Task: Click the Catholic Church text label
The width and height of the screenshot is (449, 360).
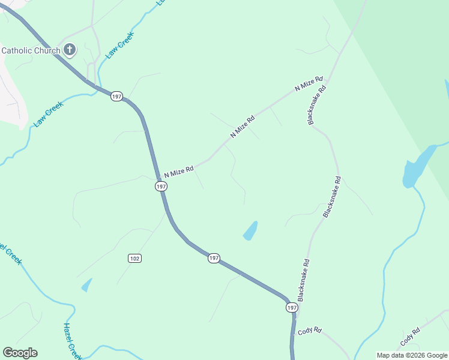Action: point(31,50)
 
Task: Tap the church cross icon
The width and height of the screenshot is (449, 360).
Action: point(70,50)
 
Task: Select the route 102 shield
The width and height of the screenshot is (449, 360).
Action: point(134,258)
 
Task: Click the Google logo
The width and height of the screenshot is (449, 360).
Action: point(20,353)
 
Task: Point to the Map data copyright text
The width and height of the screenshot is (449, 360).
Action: point(412,355)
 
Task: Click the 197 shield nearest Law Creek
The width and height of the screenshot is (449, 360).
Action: point(116,96)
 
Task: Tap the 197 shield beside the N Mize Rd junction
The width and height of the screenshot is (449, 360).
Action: point(160,187)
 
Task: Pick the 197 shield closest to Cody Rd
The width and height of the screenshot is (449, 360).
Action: point(291,307)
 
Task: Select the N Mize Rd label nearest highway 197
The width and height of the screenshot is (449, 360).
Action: point(179,171)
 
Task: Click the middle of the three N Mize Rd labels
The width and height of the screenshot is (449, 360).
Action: point(243,127)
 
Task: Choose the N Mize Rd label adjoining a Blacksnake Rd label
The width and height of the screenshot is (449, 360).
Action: point(309,84)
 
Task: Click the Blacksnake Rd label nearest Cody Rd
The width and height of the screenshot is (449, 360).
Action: point(304,280)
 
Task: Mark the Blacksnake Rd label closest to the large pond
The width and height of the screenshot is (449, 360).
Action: point(332,196)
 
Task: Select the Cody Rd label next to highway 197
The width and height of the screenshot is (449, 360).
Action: point(310,331)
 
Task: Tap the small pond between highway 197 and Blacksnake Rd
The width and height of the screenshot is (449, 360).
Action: point(250,230)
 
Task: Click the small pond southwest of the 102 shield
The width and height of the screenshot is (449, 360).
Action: point(87,285)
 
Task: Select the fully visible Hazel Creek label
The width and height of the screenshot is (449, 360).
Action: point(71,340)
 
